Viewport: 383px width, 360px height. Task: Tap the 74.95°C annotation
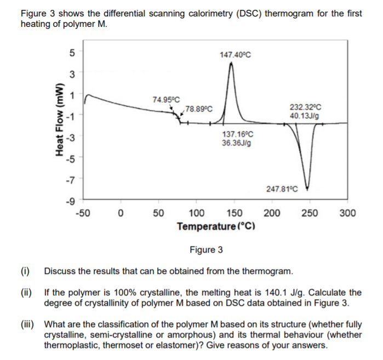click(x=166, y=99)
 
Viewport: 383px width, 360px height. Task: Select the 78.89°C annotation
click(x=199, y=108)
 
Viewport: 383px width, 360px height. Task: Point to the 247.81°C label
click(x=282, y=189)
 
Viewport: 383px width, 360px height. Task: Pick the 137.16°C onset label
click(x=237, y=134)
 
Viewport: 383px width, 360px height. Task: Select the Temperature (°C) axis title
click(x=218, y=226)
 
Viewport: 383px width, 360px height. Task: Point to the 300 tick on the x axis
click(x=347, y=213)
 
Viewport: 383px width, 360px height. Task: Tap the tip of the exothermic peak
click(x=231, y=64)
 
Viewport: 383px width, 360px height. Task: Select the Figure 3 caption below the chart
click(x=206, y=250)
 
